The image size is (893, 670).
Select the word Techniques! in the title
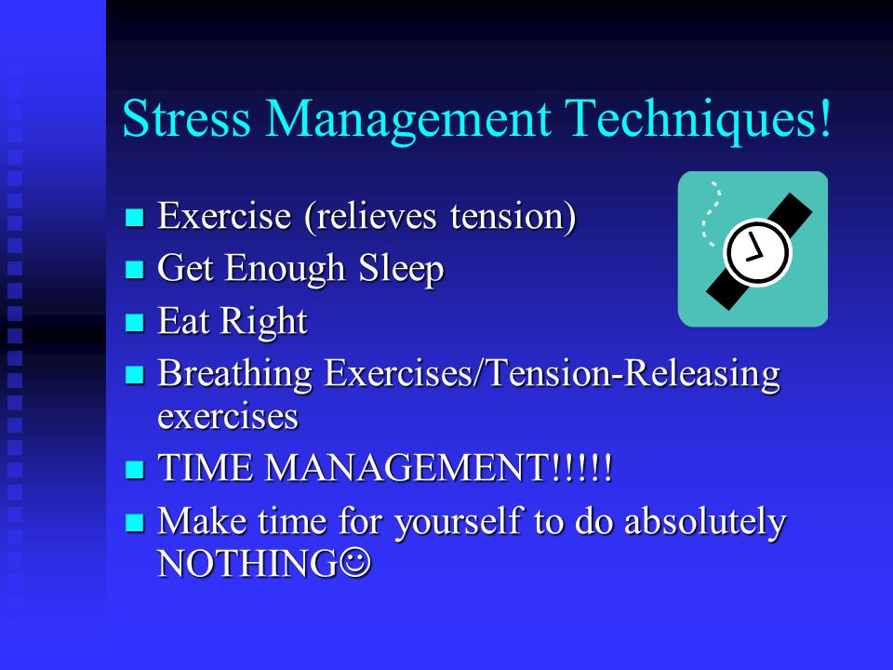[x=699, y=120]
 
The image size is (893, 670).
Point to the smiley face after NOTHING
[x=356, y=563]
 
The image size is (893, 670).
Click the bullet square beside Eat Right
[x=134, y=322]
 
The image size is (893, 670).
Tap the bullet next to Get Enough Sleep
[x=134, y=269]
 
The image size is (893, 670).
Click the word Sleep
[x=401, y=268]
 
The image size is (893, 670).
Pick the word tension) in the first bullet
[x=513, y=217]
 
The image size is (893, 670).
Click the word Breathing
[x=235, y=375]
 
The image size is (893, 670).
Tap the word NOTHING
[x=247, y=564]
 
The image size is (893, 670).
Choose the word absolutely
[x=705, y=521]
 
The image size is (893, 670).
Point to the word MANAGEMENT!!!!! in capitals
[x=438, y=468]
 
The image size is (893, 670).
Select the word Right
[x=263, y=322]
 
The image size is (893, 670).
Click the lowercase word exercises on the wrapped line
[x=228, y=417]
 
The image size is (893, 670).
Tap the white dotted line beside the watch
[x=711, y=214]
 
